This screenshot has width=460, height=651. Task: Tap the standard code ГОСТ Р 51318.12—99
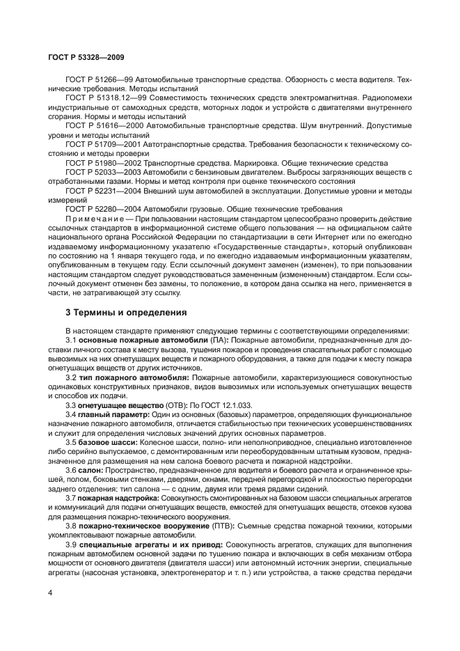coord(104,100)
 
